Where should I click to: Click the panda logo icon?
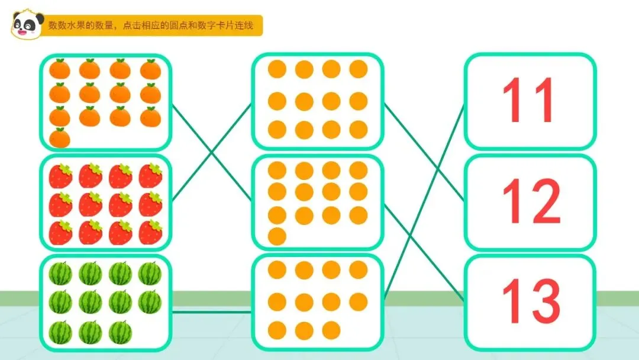click(27, 25)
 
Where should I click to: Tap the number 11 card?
click(530, 101)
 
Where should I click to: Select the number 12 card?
click(530, 201)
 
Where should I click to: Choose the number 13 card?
click(530, 302)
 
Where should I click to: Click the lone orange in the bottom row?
click(60, 138)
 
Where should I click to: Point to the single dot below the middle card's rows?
click(277, 236)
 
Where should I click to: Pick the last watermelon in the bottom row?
click(120, 332)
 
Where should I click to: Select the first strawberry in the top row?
click(60, 176)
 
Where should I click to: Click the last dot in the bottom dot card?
click(331, 330)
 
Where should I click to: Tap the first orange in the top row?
click(60, 70)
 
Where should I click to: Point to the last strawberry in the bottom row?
click(150, 232)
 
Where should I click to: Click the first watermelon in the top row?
click(60, 274)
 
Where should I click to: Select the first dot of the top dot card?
click(277, 69)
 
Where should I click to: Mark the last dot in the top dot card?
click(359, 129)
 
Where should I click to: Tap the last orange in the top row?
click(150, 70)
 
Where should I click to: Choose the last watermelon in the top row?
click(150, 274)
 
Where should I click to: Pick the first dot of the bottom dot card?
click(277, 270)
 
